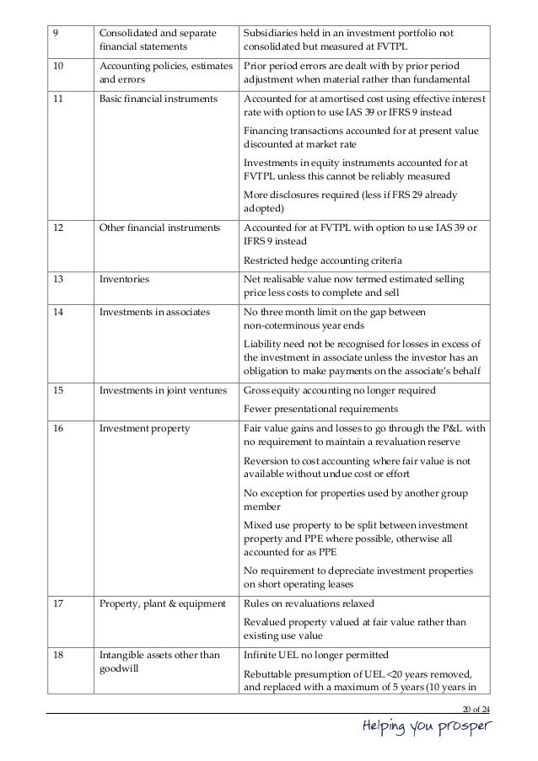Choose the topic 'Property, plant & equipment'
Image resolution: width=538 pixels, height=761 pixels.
[159, 603]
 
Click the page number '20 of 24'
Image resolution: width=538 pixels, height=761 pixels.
[476, 706]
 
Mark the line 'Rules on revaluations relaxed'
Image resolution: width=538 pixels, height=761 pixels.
[310, 603]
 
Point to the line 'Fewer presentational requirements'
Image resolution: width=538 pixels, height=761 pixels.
[320, 410]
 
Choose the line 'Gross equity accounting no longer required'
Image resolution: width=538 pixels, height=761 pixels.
[339, 392]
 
